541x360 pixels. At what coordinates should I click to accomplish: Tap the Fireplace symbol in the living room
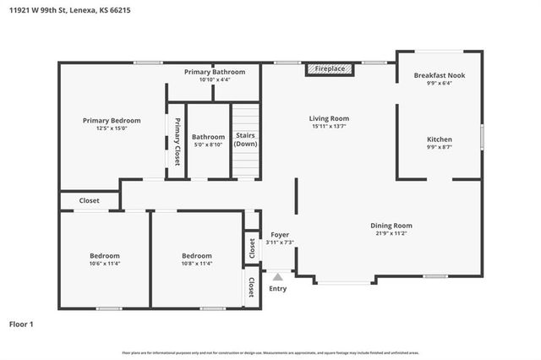331,68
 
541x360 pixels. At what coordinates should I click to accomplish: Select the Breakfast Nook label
439,75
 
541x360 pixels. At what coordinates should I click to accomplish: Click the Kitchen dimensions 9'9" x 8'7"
439,147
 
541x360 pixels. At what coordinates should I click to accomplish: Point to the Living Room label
329,118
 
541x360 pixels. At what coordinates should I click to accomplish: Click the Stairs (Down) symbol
245,139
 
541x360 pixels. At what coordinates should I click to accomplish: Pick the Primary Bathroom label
215,72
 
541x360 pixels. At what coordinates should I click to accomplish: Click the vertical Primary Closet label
178,141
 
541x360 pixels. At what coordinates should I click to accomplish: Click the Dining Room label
391,225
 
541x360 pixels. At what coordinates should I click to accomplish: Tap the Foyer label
280,234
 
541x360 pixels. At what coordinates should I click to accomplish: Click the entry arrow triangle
278,275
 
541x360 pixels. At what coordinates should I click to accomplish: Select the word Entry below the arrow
278,288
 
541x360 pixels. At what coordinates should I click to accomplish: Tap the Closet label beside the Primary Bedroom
89,200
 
